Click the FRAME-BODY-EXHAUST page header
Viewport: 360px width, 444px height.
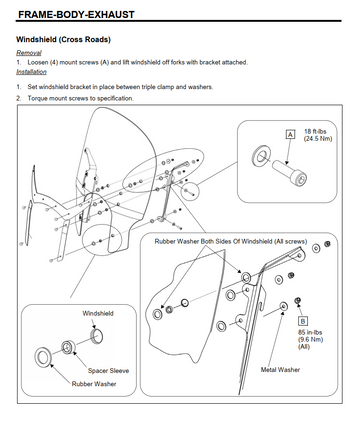[x=76, y=14]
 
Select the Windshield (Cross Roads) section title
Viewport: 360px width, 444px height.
[x=63, y=39]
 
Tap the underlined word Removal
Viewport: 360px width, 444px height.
[x=29, y=53]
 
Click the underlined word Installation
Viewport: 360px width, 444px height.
[x=31, y=72]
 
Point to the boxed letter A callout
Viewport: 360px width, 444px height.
[x=290, y=134]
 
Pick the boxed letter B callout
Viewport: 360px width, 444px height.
[x=303, y=321]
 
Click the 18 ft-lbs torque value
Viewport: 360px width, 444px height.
[x=315, y=131]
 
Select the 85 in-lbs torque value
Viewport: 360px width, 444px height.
[x=310, y=332]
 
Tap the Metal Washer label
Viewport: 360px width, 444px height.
[x=280, y=369]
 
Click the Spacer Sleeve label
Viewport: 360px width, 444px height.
[x=108, y=370]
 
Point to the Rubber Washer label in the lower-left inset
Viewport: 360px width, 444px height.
[x=94, y=384]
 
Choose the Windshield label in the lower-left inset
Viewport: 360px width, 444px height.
[x=98, y=313]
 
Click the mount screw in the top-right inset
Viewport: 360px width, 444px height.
[x=290, y=172]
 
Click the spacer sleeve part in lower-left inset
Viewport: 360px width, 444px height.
[x=68, y=347]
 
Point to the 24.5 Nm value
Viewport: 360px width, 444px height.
[x=318, y=138]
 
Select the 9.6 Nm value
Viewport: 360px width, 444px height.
[x=311, y=340]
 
